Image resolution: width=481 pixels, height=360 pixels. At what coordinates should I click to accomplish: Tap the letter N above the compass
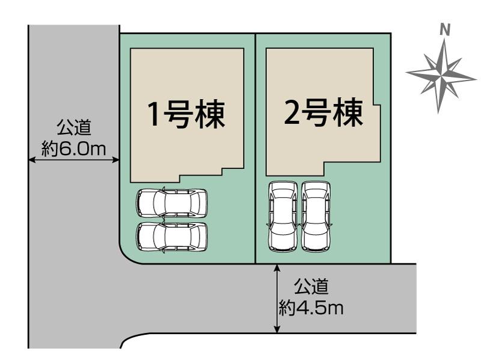tap(445, 29)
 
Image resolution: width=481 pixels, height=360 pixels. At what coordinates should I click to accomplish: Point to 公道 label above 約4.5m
tap(311, 287)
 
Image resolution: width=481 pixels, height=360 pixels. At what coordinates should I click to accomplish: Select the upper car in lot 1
tap(172, 203)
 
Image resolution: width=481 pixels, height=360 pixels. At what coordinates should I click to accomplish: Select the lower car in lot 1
tap(172, 236)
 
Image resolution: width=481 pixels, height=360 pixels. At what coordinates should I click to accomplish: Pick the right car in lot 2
tap(316, 216)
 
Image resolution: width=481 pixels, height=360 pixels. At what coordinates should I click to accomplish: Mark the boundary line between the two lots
tap(256, 150)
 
